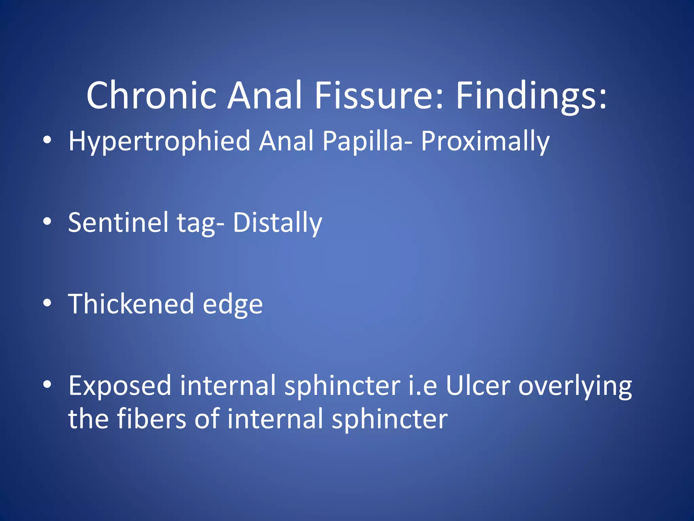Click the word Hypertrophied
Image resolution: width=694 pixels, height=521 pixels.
159,141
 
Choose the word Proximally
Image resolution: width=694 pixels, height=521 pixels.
485,141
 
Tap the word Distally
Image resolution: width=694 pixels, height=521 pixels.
277,223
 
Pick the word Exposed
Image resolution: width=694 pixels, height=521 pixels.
120,386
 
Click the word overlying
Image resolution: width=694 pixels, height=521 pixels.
575,386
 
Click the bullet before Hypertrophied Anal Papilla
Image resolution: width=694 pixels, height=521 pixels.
47,140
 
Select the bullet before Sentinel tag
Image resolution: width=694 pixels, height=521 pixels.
47,221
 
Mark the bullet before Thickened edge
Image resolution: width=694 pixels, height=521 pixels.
47,303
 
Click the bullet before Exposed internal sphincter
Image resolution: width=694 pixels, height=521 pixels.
47,384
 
